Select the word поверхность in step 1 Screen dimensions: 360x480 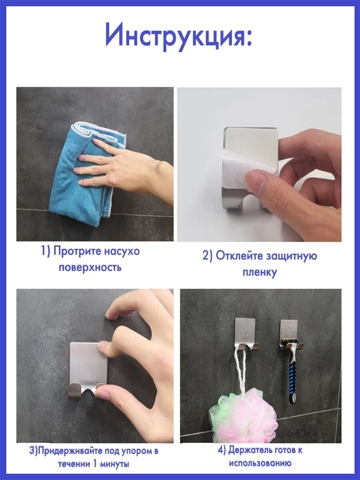tap(90, 268)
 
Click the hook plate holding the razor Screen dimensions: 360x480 tap(289, 333)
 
